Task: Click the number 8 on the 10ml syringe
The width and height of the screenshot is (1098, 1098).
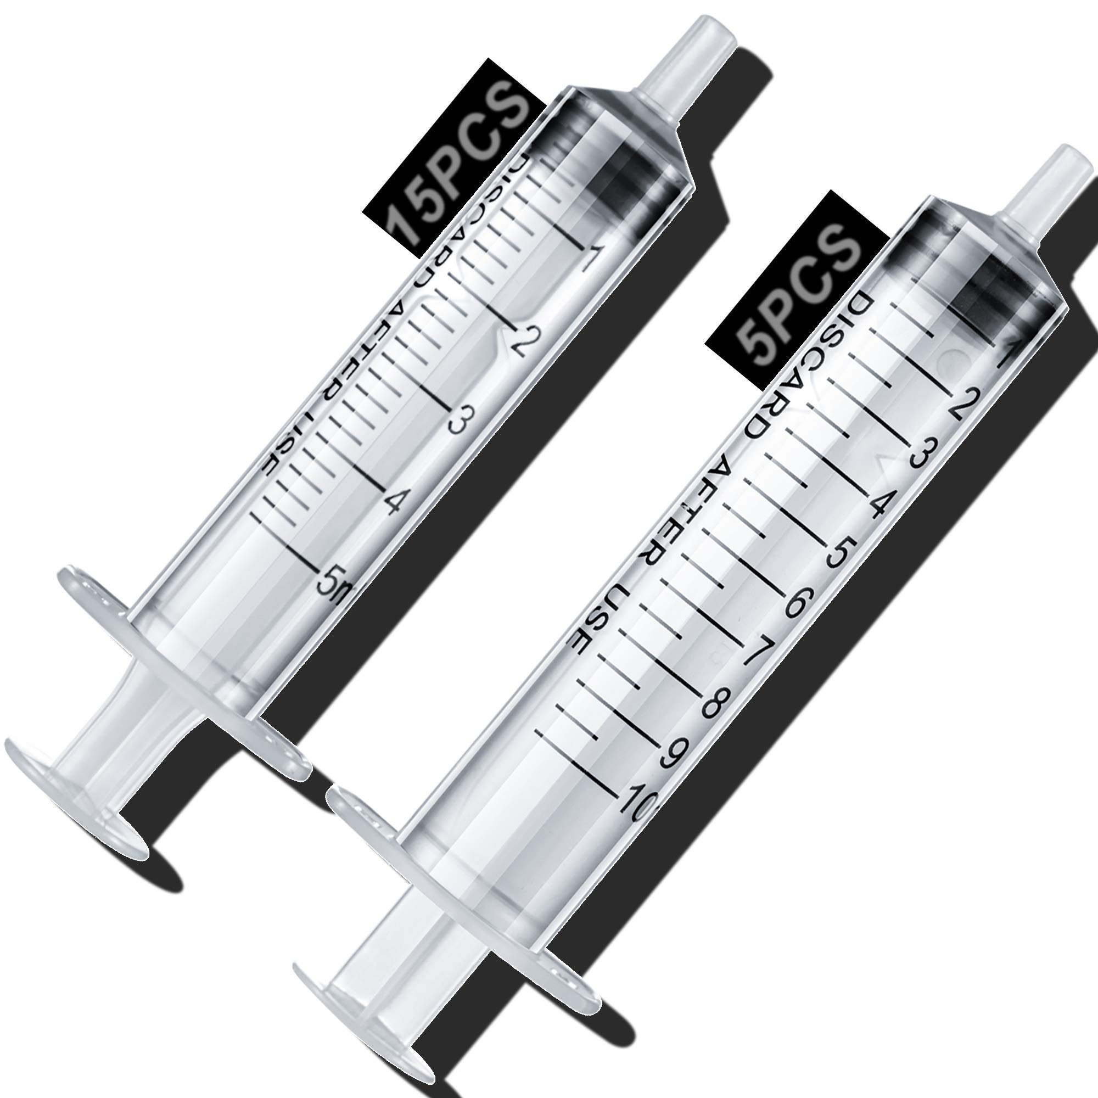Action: click(x=714, y=705)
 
